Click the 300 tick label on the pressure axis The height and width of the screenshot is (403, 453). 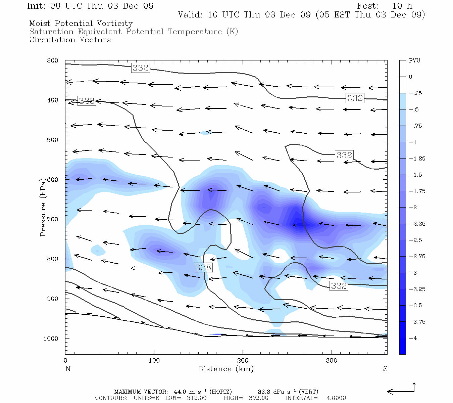pos(53,60)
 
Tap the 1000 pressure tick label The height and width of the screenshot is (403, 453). pos(51,338)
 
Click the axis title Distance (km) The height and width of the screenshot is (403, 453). pos(226,369)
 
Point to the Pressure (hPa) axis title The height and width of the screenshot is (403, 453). pos(43,207)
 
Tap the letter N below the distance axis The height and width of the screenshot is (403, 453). pos(68,369)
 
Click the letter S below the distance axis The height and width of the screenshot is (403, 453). pos(385,369)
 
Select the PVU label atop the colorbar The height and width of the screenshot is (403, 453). pos(414,61)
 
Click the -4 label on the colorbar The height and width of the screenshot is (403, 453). pos(413,338)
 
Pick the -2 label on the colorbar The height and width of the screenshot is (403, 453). pos(413,208)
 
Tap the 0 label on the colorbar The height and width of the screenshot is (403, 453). pos(411,77)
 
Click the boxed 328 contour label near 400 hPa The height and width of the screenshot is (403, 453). pos(87,101)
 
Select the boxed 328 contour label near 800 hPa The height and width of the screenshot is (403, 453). pos(203,267)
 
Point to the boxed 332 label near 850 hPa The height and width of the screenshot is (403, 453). pos(339,286)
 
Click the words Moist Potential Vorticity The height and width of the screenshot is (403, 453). pos(81,24)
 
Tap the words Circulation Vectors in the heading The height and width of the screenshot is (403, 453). pos(70,40)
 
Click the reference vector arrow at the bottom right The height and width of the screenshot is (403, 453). pos(401,391)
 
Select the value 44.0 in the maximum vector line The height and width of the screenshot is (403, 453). pos(181,392)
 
